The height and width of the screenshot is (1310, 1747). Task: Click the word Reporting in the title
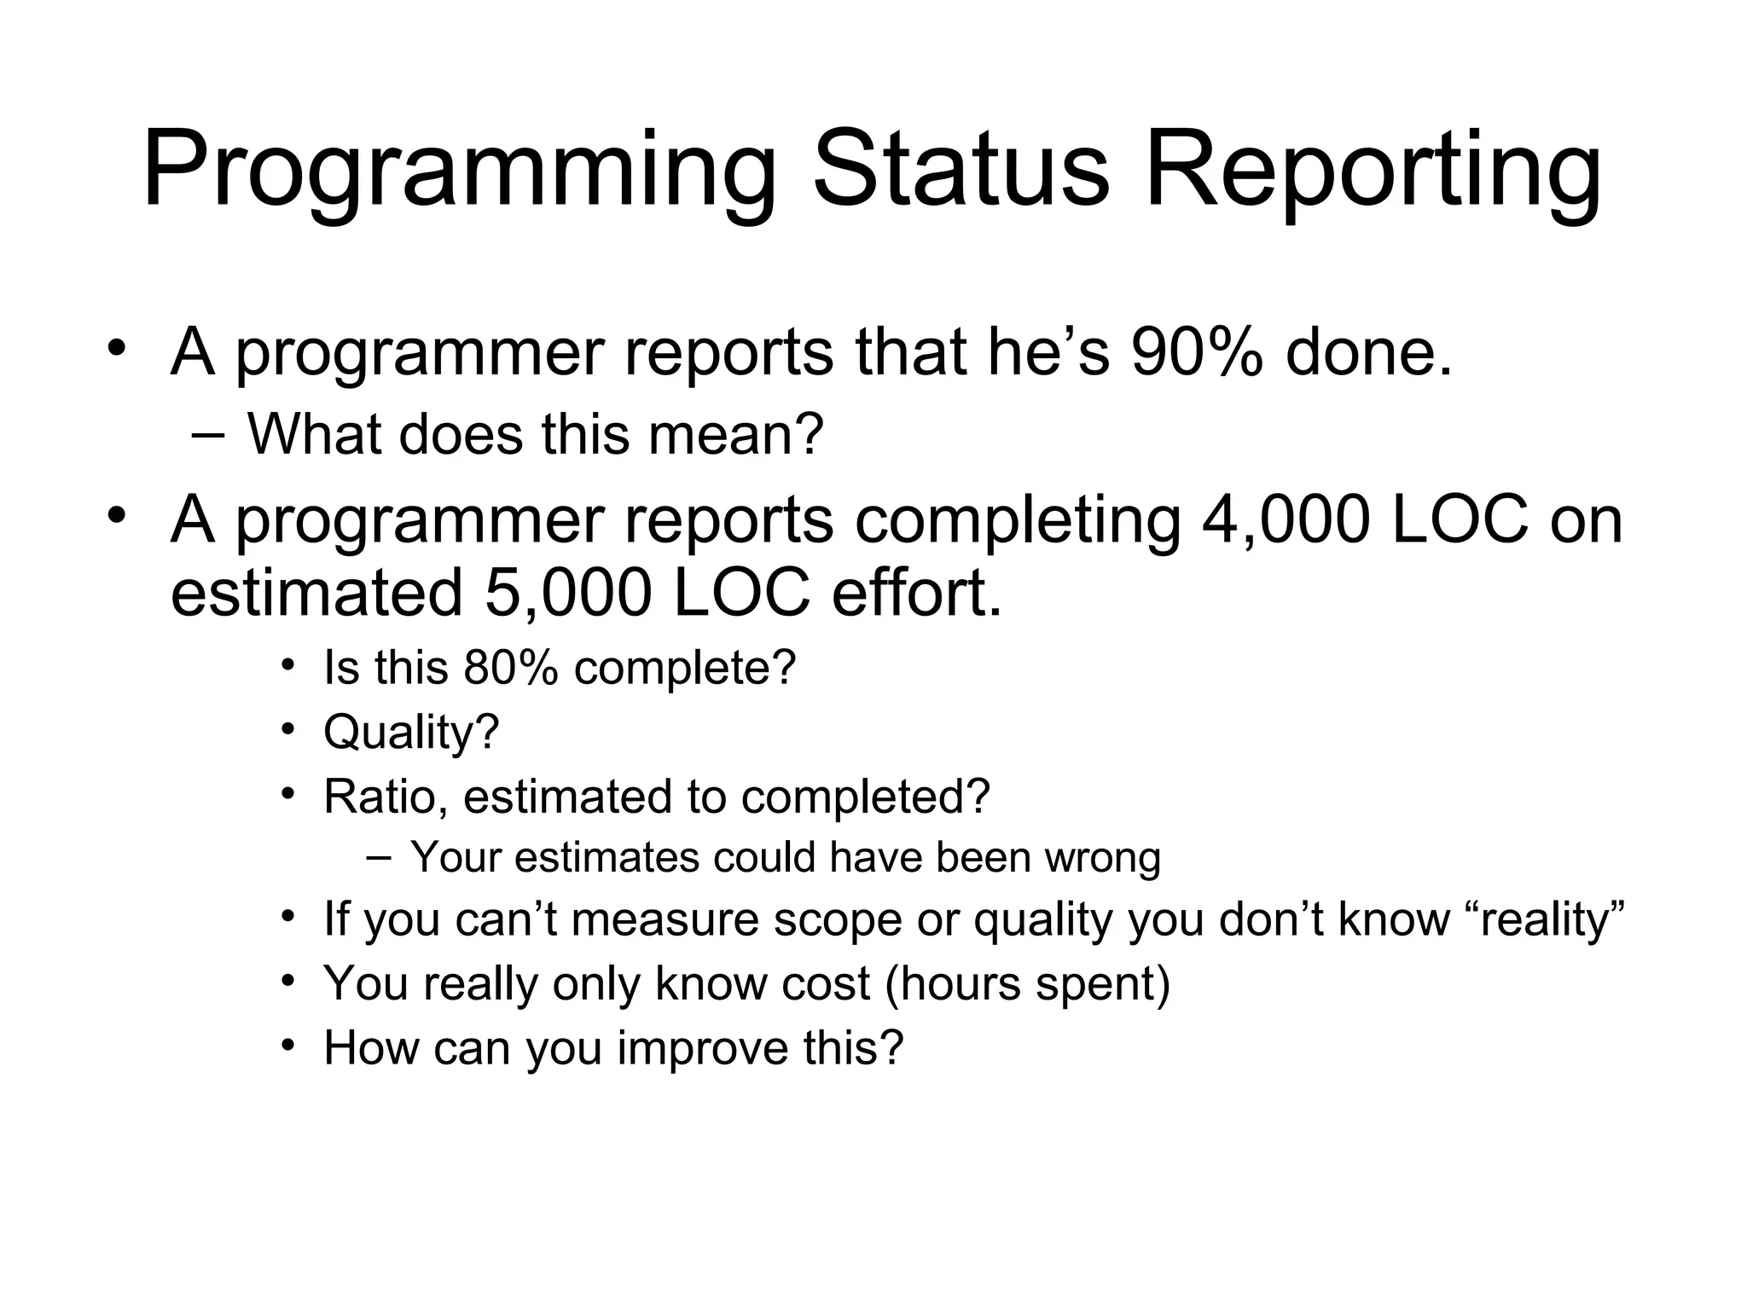1373,171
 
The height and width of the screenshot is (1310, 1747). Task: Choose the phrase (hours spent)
1027,983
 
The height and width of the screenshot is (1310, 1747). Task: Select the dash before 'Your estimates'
378,856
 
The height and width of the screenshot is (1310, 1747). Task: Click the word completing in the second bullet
1018,520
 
